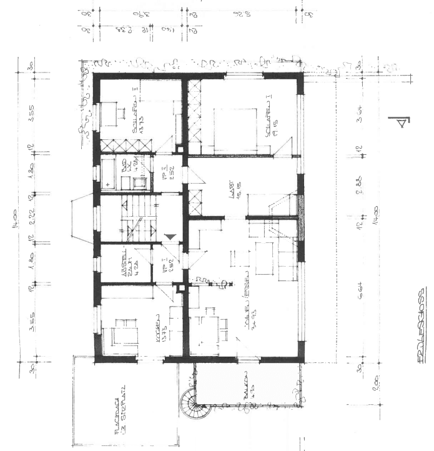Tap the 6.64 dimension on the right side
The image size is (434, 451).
coord(361,298)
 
